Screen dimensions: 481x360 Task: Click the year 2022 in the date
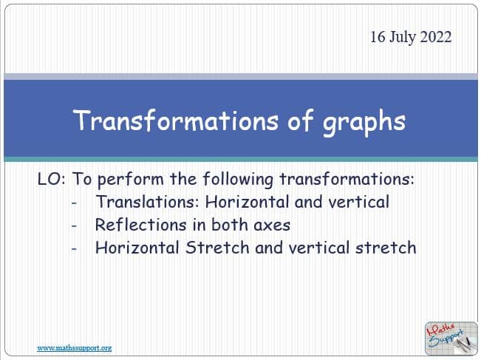436,37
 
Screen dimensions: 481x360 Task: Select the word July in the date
403,38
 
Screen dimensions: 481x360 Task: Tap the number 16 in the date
378,37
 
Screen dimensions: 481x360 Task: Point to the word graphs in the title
364,123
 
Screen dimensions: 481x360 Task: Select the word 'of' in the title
301,120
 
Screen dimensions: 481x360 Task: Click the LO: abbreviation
51,179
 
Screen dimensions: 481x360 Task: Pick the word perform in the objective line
130,180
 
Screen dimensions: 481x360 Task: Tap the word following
238,180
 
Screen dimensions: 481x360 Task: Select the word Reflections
141,225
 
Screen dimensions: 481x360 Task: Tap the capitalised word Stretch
217,248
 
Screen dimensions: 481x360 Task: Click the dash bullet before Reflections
74,226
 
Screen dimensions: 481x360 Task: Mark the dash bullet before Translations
74,203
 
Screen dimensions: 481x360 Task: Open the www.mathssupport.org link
74,348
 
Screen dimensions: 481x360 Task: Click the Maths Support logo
451,339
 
